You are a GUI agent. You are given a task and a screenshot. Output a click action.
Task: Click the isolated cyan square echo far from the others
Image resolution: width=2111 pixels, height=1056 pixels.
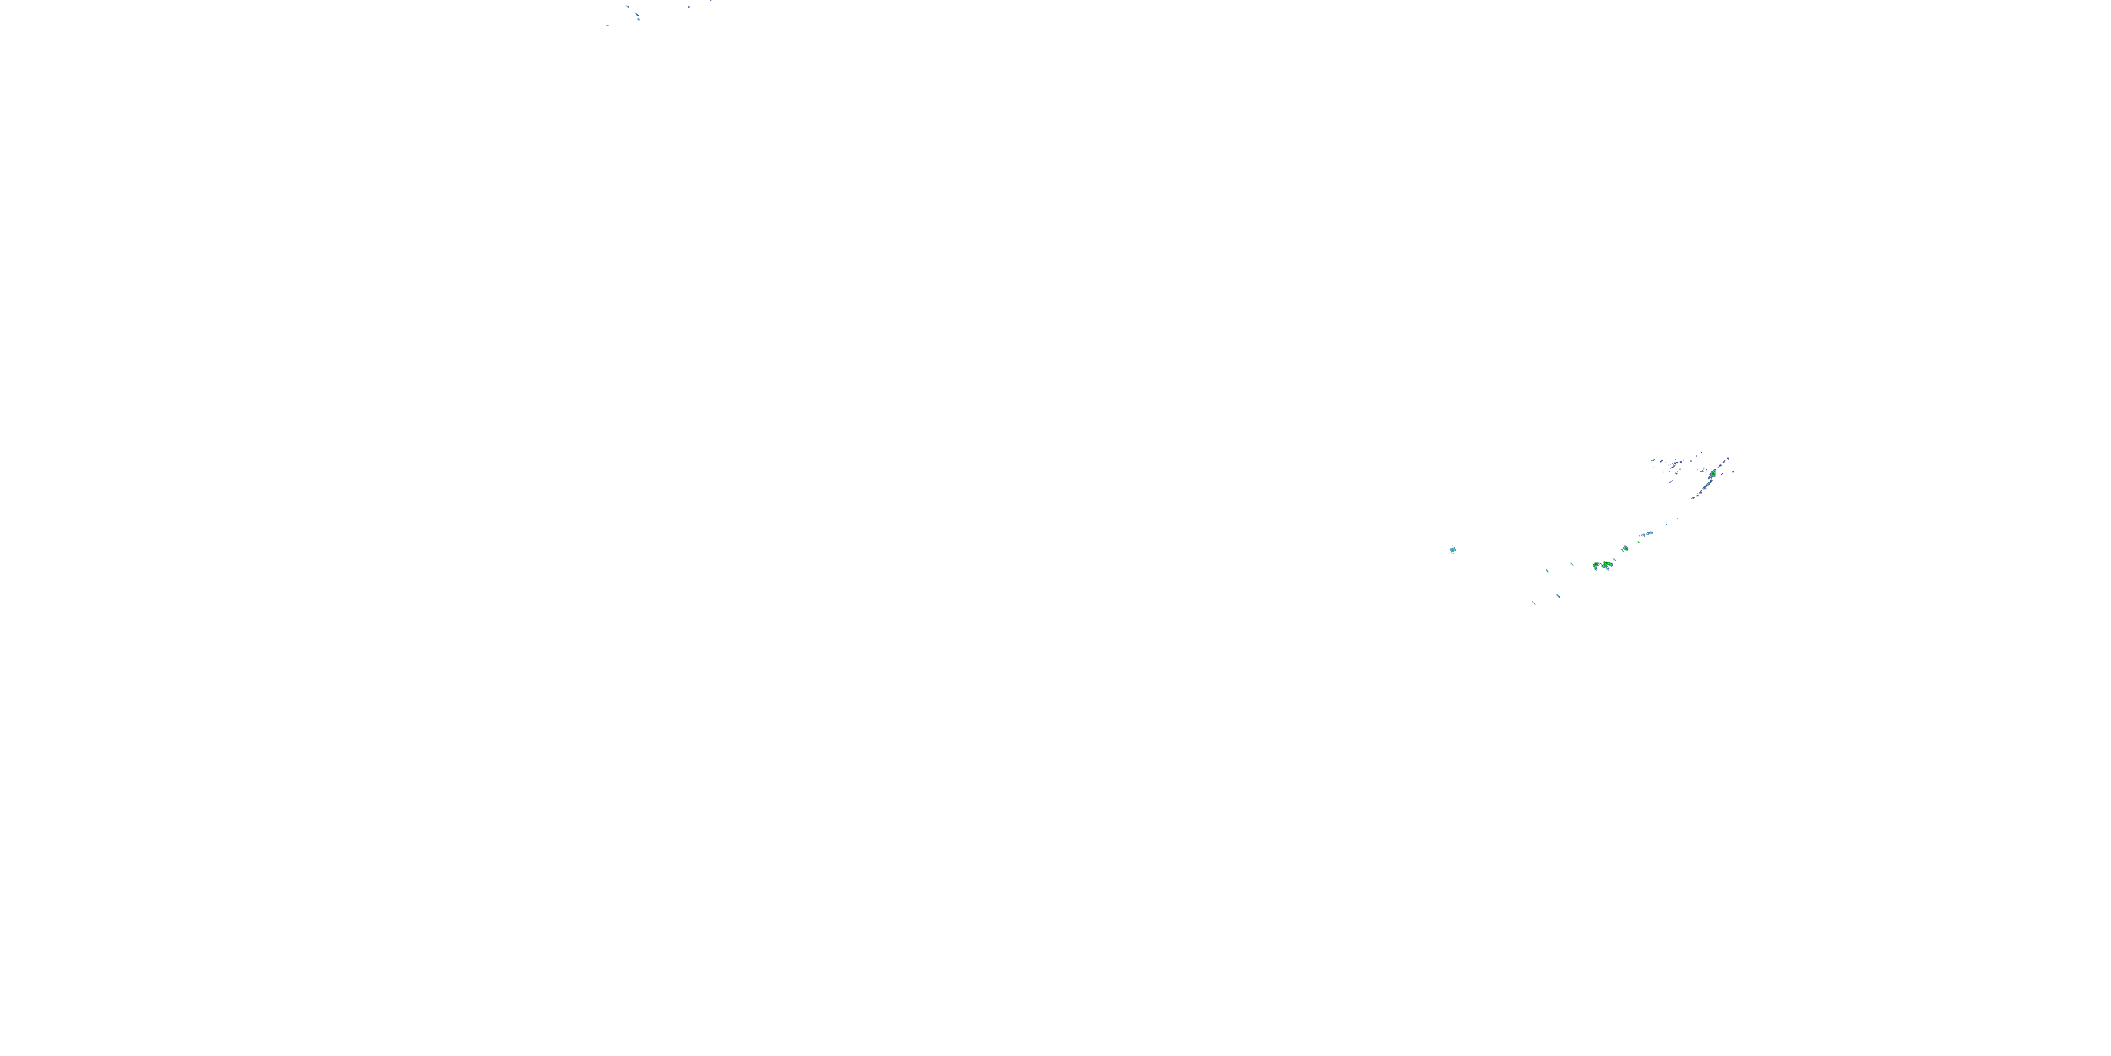tap(1453, 549)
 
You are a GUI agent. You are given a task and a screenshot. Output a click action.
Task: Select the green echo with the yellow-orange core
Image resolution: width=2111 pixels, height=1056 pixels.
tap(1608, 564)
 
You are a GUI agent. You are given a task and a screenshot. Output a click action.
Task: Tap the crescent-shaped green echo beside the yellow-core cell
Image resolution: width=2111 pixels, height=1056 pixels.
tap(1597, 566)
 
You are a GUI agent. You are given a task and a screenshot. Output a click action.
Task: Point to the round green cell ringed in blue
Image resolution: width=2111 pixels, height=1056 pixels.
tap(1626, 548)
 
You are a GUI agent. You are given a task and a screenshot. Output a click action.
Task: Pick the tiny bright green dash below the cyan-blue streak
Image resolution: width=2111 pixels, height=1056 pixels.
tap(1639, 542)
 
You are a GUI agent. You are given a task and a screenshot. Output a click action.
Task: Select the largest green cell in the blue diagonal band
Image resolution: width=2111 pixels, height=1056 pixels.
tap(1713, 474)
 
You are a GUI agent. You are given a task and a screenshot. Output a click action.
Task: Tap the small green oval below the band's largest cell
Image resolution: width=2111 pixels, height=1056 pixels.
tap(1709, 484)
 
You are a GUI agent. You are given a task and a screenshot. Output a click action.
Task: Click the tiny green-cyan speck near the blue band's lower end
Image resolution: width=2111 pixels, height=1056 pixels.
tap(1701, 493)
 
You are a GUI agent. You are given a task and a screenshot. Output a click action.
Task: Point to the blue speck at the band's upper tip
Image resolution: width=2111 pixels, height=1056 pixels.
tap(1728, 459)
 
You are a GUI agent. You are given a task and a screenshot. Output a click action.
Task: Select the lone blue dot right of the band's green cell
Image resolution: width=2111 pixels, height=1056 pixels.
tap(1733, 472)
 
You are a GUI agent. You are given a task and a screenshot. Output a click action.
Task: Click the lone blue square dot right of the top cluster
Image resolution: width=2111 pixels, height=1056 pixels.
tap(689, 7)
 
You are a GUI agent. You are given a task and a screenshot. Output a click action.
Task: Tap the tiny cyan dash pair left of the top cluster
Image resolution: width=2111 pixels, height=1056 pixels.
tap(608, 25)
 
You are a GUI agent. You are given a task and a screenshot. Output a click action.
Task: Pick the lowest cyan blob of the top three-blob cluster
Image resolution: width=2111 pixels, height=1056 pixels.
tap(639, 20)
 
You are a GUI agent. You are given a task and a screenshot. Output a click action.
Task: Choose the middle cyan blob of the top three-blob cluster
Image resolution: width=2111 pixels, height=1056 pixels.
tap(638, 15)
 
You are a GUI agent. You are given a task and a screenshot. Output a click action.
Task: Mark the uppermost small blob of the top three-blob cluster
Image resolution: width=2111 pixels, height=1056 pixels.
tap(628, 6)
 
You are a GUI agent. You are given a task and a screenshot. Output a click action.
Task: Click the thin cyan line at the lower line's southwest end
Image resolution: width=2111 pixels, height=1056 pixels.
tap(1534, 603)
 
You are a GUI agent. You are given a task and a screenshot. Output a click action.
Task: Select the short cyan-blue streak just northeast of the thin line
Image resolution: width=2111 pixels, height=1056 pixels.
tap(1559, 596)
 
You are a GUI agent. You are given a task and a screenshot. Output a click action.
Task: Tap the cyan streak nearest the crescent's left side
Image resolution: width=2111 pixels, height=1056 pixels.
tap(1573, 565)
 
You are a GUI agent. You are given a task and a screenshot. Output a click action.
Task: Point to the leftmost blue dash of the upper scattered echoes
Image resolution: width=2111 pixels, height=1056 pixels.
tap(1653, 461)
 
